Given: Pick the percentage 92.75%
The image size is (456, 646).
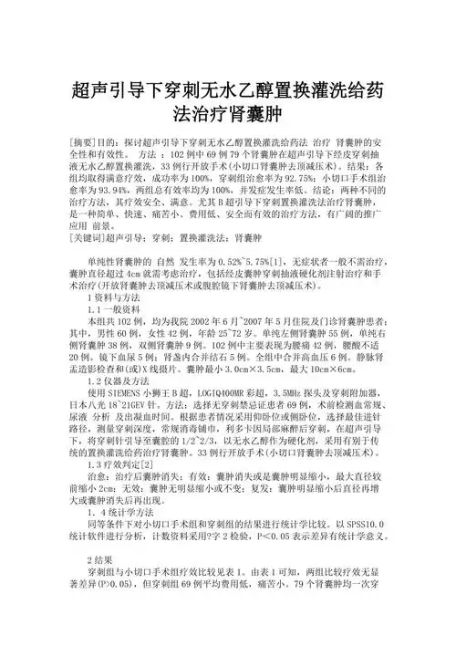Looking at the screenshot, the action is click(x=309, y=180).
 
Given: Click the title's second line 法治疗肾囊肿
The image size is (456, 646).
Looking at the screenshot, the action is click(x=227, y=117).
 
